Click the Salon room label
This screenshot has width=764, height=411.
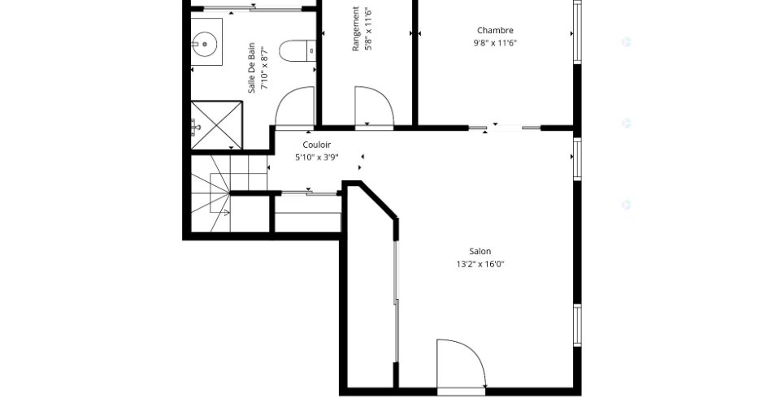coord(480,251)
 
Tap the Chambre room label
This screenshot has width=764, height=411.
coord(495,30)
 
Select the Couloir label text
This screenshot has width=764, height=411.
coord(317,145)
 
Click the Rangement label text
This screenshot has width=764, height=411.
coord(356,28)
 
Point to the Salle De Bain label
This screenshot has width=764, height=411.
coord(251,67)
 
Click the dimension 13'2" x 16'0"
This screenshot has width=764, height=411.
coord(480,265)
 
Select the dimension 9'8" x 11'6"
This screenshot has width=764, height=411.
coord(495,43)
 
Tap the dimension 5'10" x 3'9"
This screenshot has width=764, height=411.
coord(317,158)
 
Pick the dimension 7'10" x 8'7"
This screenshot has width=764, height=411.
coord(265,67)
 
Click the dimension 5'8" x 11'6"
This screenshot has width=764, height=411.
coord(368,28)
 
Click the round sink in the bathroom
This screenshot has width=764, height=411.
coord(205,45)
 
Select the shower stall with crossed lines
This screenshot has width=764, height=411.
coord(216,125)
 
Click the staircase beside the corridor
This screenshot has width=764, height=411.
coord(229,193)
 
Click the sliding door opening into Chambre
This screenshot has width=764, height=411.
coord(505,128)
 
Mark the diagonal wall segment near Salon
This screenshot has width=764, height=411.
coord(379,200)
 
